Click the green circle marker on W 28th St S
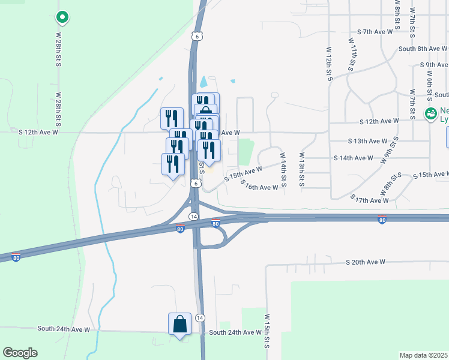[x=62, y=17]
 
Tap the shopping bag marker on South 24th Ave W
[x=179, y=325]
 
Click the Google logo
[x=20, y=353]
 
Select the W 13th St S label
[x=302, y=169]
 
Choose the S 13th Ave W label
[x=367, y=141]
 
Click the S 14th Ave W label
[x=354, y=158]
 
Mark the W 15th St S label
[x=266, y=331]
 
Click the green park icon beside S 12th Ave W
[x=430, y=113]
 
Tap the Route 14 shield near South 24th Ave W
[x=200, y=317]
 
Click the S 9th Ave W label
[x=435, y=65]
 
